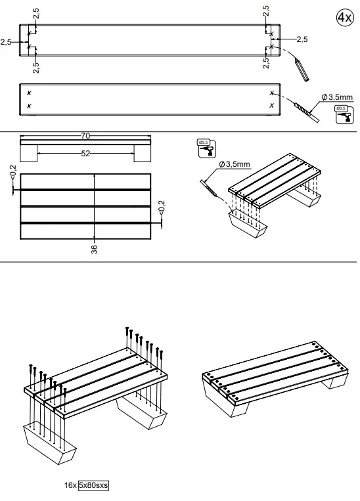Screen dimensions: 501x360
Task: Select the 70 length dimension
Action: tap(85, 136)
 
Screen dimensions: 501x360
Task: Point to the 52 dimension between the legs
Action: tap(85, 153)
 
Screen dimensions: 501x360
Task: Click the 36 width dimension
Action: tap(95, 248)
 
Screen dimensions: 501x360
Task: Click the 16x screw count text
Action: tap(70, 485)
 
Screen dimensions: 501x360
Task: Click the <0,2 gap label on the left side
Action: tap(12, 172)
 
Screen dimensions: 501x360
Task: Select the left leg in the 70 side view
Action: tap(29, 154)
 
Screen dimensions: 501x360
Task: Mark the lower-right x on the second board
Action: tap(271, 105)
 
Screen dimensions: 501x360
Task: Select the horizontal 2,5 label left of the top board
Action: tap(7, 41)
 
